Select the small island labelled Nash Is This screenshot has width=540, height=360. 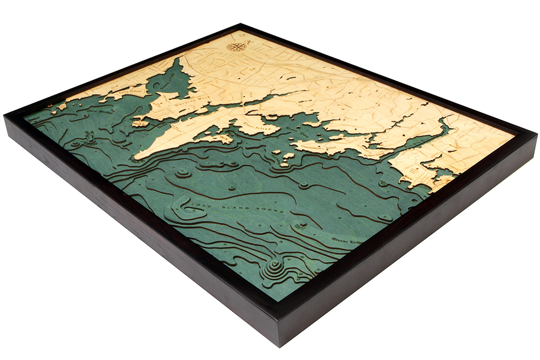click(x=138, y=123)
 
